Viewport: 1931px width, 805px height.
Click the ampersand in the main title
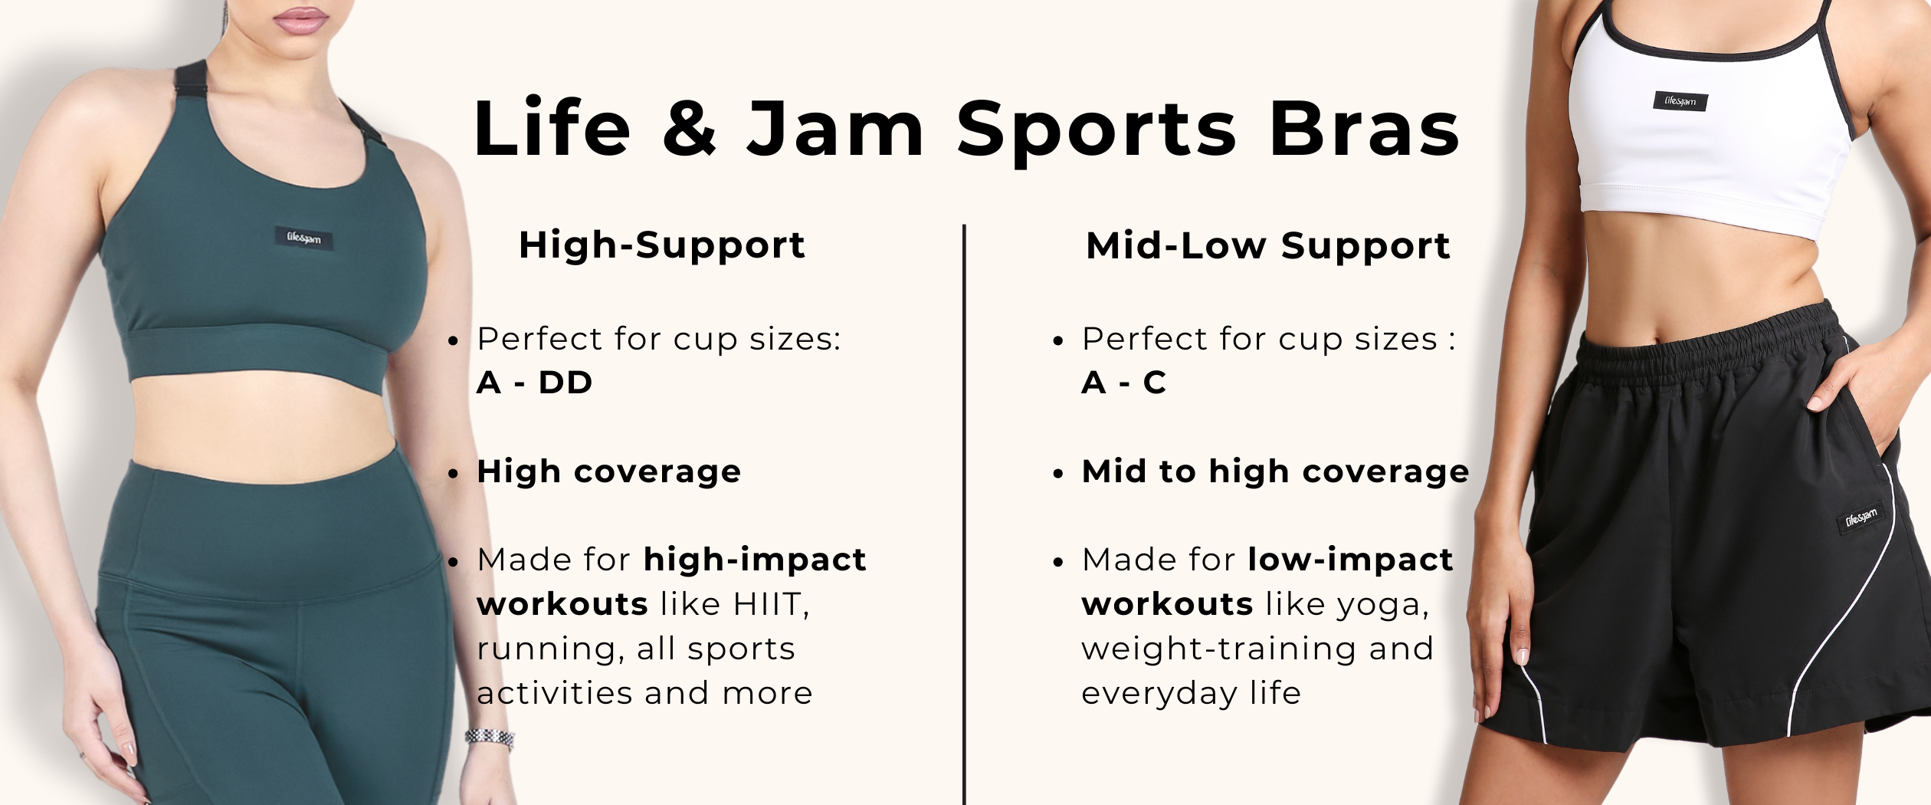[690, 129]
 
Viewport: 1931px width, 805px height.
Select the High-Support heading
[662, 246]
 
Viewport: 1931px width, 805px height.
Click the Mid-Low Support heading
[1268, 246]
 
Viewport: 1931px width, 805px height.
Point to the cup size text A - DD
[534, 383]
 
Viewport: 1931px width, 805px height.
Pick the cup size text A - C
[1123, 383]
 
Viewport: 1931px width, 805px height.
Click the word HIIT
[769, 604]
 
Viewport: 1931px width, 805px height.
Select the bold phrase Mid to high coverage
[1275, 472]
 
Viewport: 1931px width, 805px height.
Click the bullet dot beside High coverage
[454, 474]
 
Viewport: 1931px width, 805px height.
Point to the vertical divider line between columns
[964, 514]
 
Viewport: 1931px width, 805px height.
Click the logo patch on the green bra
[304, 238]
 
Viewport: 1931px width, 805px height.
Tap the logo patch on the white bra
[1680, 101]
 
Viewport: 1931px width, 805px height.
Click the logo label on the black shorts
[1861, 519]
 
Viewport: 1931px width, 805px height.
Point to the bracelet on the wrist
[490, 738]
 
